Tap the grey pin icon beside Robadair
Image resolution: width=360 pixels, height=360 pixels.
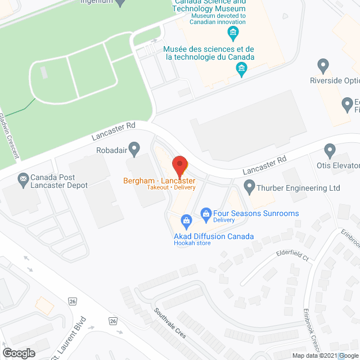[134, 149]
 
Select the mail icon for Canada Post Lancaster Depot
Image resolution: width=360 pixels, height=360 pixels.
[23, 180]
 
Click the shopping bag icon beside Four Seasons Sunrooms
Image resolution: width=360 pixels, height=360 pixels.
[206, 213]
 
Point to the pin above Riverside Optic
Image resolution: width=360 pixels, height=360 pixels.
[323, 66]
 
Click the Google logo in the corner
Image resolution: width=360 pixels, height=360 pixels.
[18, 353]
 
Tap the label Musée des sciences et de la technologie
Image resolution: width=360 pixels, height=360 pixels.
[209, 53]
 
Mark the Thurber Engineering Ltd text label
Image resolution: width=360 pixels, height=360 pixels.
[299, 187]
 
